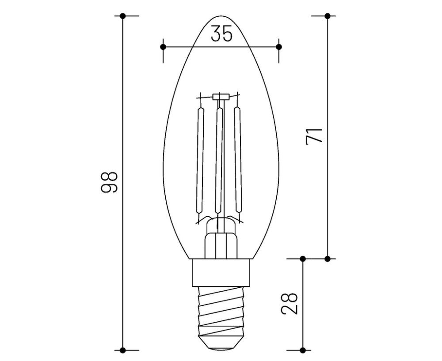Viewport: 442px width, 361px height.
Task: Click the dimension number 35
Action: point(221,34)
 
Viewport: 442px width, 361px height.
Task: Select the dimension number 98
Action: point(109,181)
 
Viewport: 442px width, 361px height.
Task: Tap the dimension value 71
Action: point(315,135)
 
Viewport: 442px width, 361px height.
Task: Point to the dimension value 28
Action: point(290,302)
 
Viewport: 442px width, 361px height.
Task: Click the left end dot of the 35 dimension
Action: point(163,46)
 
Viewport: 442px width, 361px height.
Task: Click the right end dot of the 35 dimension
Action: point(278,46)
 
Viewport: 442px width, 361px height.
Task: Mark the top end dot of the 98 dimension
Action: point(123,16)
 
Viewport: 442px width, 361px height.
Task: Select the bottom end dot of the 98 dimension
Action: point(123,350)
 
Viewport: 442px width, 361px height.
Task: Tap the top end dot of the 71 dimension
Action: point(327,16)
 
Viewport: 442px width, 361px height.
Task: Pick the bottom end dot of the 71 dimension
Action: point(327,258)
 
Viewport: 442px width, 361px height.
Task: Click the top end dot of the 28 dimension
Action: point(303,258)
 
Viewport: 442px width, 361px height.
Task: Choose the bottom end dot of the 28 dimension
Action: point(303,350)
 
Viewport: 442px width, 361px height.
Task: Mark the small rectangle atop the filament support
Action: point(220,96)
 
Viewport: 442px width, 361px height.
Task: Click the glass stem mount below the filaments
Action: point(221,243)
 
